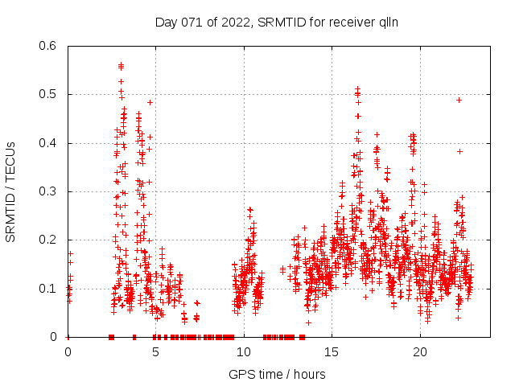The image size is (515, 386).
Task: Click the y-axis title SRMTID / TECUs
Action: tap(11, 191)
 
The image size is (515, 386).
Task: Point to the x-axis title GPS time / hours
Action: tap(277, 374)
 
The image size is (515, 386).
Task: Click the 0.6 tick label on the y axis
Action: tap(47, 46)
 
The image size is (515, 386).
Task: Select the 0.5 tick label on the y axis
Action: tap(47, 94)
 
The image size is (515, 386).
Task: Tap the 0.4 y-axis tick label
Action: tap(47, 143)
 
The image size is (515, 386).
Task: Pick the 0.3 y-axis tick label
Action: tap(47, 191)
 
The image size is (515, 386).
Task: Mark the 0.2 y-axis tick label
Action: tap(47, 240)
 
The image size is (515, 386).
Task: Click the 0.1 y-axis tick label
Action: tap(47, 288)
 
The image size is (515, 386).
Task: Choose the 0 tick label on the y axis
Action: tap(53, 337)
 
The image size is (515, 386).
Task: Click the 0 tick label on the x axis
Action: tap(68, 351)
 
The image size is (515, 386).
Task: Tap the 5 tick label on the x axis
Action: tap(156, 351)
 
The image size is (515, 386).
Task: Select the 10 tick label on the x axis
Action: tap(244, 351)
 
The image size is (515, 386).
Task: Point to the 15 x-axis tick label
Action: tap(332, 351)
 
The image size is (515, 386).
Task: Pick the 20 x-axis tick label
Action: tap(420, 351)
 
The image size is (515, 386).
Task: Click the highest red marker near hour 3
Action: tap(121, 65)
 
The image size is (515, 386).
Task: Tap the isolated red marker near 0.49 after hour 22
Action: tap(459, 100)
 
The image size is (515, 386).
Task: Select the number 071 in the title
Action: tap(191, 22)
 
